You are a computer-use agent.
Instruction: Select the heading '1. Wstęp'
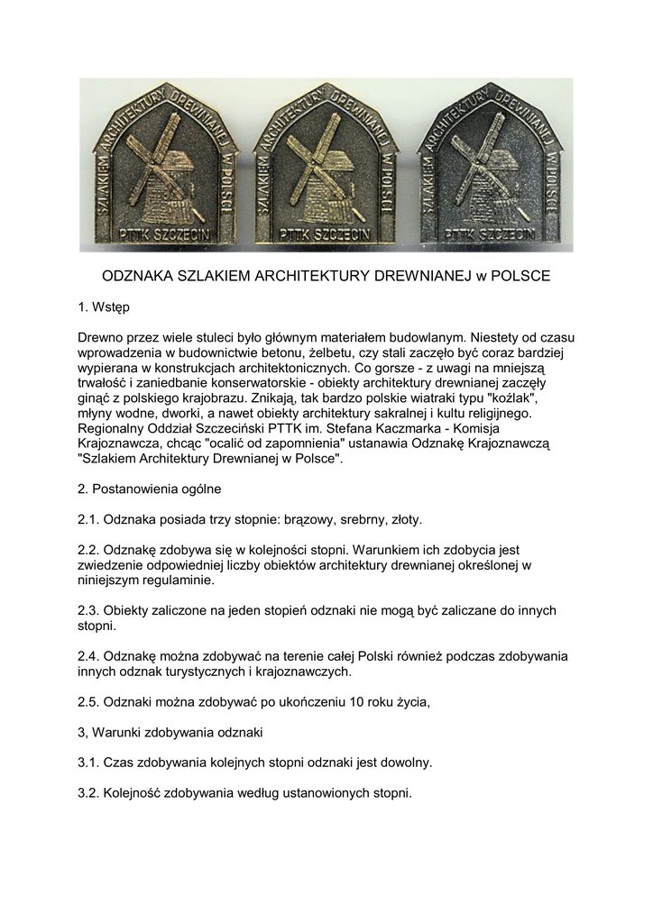point(104,308)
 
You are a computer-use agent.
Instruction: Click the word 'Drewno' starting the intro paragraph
point(101,338)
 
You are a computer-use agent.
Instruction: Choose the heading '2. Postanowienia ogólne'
point(149,489)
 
